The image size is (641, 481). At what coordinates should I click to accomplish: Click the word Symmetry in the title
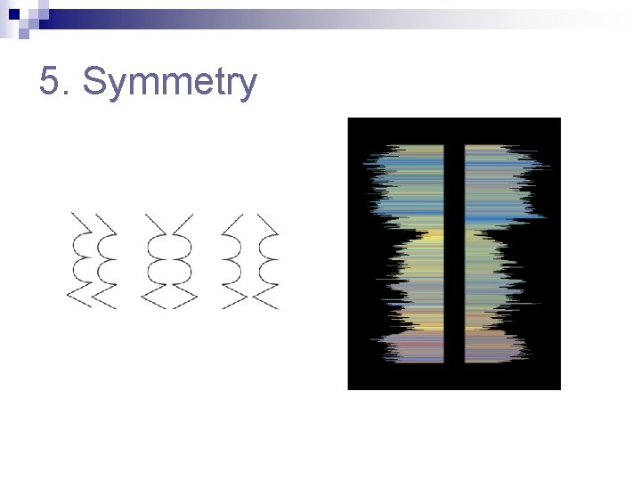point(169,83)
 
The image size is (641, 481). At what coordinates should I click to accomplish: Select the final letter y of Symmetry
point(246,86)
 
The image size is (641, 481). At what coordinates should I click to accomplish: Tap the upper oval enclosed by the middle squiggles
point(169,248)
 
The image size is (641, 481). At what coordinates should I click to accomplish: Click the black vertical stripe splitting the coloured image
point(454,254)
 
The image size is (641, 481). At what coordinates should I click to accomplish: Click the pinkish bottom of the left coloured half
point(414,347)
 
